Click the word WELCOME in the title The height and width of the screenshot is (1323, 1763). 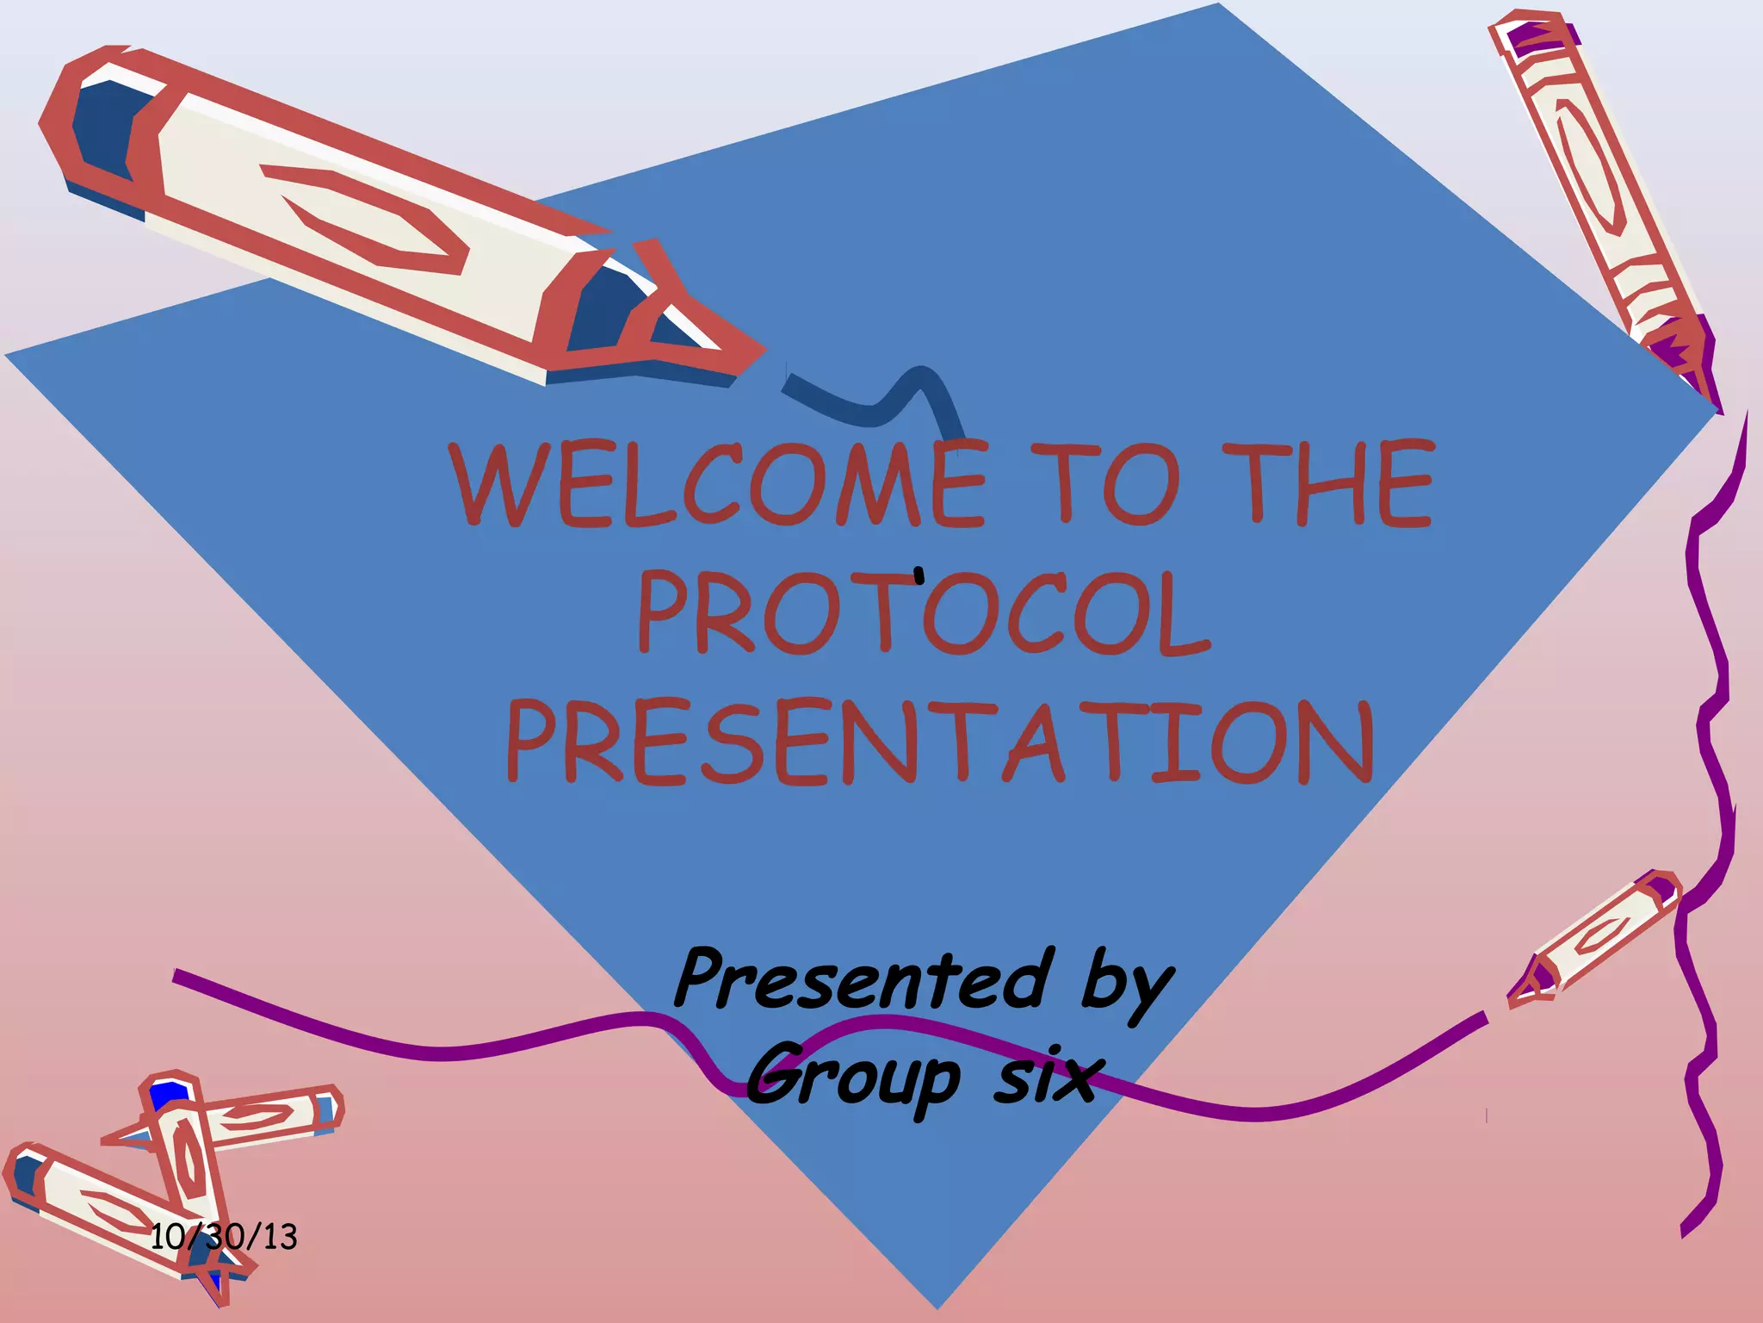719,484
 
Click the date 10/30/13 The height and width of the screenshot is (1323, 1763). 224,1238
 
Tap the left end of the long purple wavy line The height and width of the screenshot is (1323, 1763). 177,976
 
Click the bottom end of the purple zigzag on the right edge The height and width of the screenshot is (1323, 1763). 1685,1232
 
